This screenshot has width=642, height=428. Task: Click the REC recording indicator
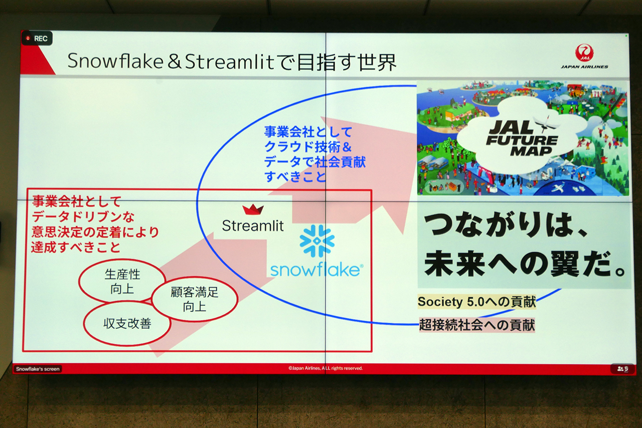pos(37,39)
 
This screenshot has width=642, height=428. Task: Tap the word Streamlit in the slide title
pos(230,62)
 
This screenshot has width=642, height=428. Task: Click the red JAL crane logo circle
pos(584,53)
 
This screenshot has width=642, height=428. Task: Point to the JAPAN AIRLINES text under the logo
pos(584,67)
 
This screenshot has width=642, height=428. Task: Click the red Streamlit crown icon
pos(253,209)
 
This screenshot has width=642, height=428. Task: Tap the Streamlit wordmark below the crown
pos(253,226)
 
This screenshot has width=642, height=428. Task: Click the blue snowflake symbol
pos(316,241)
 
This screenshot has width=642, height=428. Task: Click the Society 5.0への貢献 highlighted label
pos(476,302)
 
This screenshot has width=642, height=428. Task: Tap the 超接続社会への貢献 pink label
pos(477,325)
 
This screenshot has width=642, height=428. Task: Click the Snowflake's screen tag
pos(38,369)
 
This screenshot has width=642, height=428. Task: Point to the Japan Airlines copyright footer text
pos(326,368)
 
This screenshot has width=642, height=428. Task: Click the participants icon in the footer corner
pos(623,369)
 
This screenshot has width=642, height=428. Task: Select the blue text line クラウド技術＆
pos(308,147)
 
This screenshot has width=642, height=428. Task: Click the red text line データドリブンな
pos(83,217)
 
